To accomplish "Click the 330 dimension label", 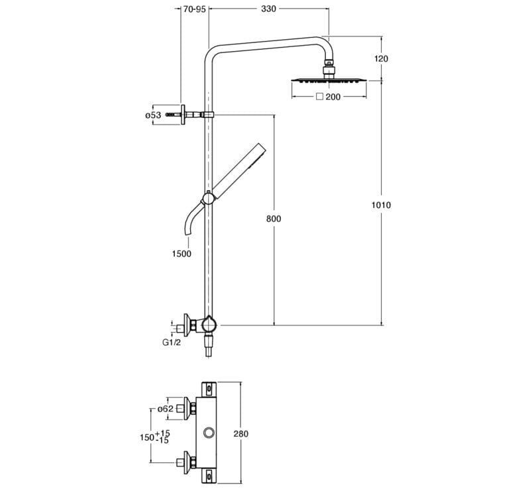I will (x=268, y=9).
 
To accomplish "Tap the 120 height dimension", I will (x=381, y=58).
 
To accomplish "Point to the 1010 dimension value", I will (x=382, y=205).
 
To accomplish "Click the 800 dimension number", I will (x=274, y=219).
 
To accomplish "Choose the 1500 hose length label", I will (x=181, y=254).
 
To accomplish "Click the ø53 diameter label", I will (x=153, y=115).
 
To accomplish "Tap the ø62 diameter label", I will (x=165, y=409).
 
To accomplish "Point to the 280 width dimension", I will (x=240, y=434).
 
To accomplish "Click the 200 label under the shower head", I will (x=333, y=97).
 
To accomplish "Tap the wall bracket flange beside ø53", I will (x=182, y=115).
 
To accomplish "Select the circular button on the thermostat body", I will (x=209, y=434).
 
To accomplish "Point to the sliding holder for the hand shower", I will (x=208, y=197).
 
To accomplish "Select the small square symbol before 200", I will (x=319, y=97).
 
